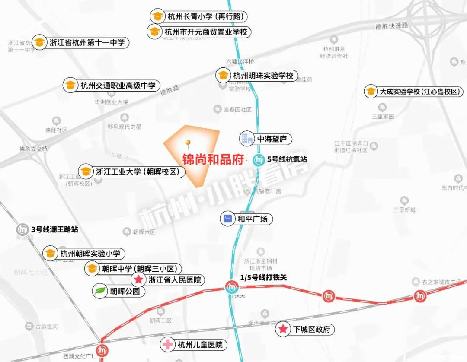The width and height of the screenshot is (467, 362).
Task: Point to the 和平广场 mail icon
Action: pos(227,219)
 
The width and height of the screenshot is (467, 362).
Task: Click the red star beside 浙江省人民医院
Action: pos(138,280)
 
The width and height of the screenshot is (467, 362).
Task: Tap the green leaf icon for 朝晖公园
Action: pos(99,291)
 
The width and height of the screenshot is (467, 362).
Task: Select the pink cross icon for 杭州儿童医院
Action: pos(167,345)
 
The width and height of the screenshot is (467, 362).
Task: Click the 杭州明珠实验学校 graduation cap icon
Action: pos(223,76)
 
